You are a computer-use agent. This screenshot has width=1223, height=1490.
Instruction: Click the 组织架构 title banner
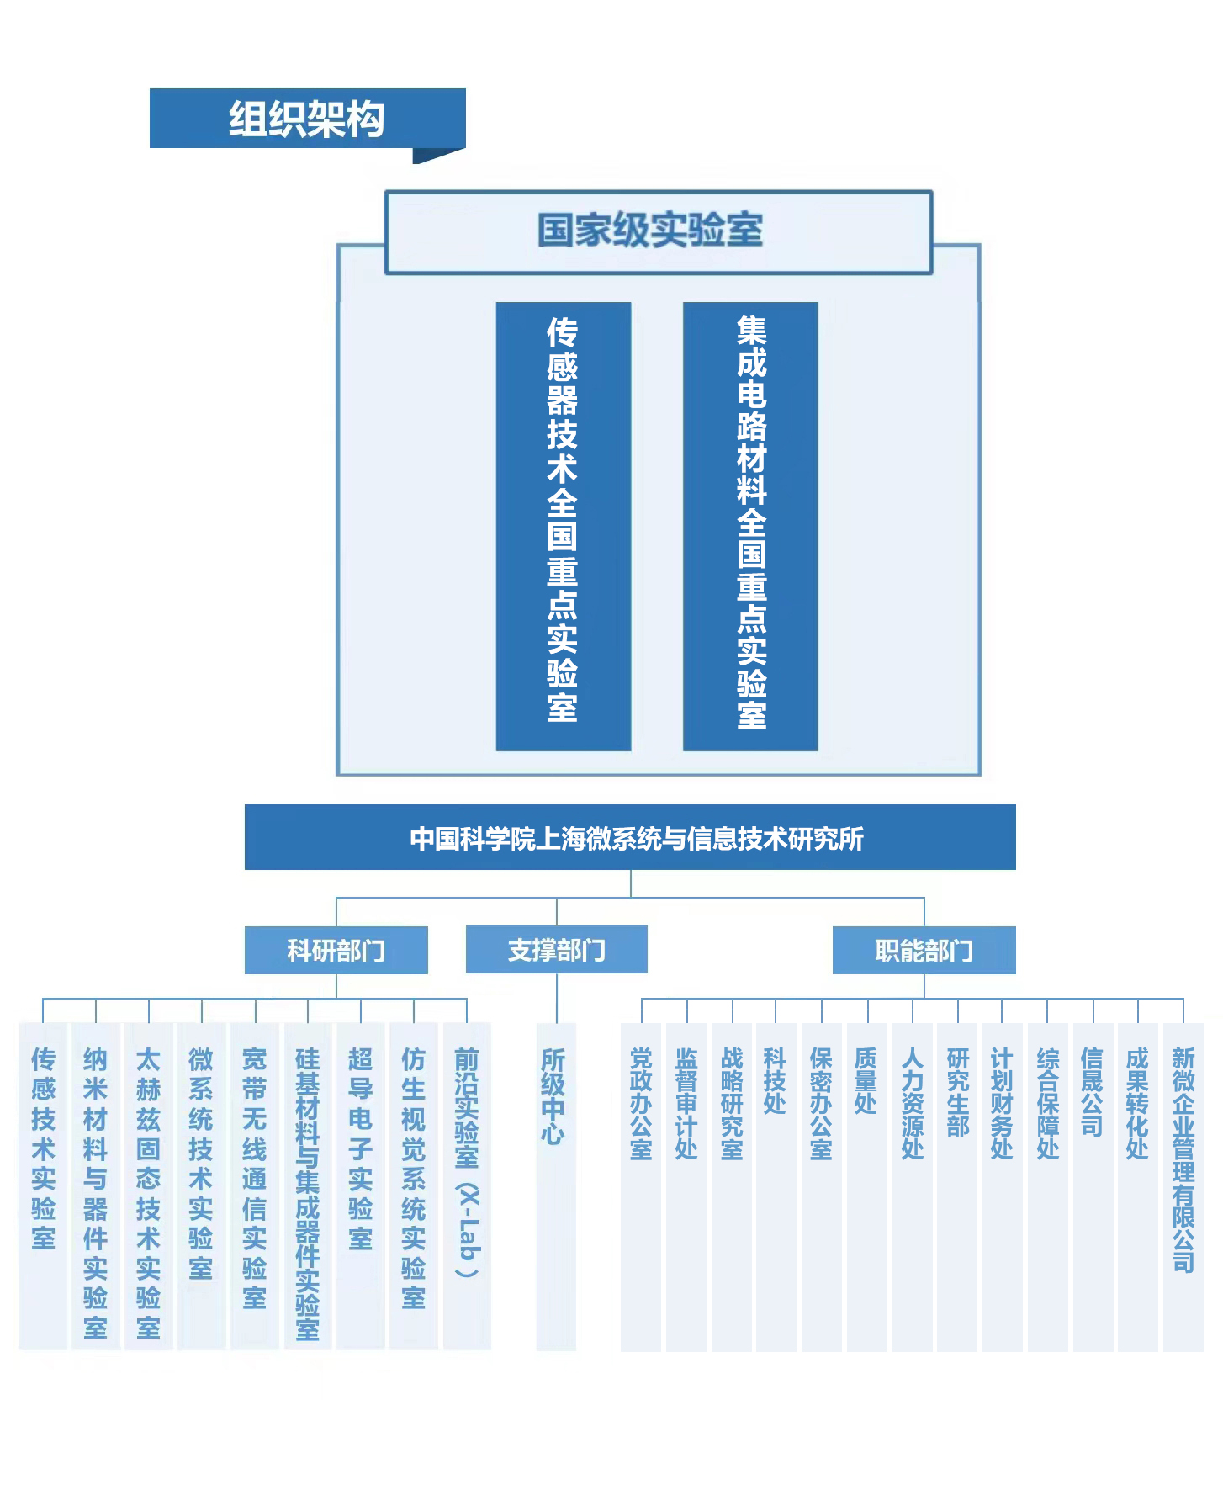pos(307,119)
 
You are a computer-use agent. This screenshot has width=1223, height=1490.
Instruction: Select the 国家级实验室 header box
pos(658,231)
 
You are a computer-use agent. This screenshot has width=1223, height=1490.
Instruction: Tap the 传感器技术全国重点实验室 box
pos(563,525)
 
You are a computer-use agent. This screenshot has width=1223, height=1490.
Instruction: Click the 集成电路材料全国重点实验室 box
pos(750,525)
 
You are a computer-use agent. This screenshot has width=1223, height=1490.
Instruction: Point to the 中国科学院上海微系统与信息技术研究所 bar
pos(630,837)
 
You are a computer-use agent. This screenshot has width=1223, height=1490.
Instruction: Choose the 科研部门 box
pos(336,951)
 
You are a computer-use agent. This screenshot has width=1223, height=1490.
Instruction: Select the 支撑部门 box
pos(556,950)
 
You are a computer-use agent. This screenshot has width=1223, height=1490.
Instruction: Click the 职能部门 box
pos(924,951)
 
